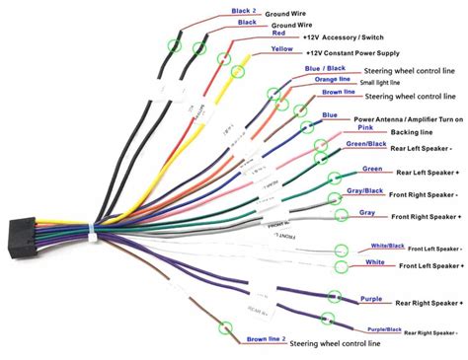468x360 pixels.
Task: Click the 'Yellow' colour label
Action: [280, 47]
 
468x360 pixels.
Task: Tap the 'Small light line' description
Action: [393, 83]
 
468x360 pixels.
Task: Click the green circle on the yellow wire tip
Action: [236, 69]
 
